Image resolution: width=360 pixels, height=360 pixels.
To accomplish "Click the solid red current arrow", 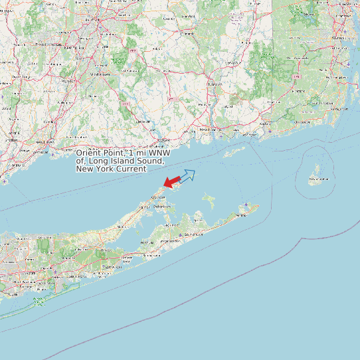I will [x=171, y=181].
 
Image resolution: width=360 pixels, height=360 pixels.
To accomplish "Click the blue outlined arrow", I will [x=187, y=175].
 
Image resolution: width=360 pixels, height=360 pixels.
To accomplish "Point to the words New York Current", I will [x=111, y=169].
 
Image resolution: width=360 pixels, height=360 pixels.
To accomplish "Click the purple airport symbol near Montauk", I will [x=246, y=203].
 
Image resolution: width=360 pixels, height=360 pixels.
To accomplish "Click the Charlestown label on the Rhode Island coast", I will [x=303, y=122].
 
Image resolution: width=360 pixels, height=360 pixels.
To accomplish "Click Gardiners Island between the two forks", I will [x=209, y=199].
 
